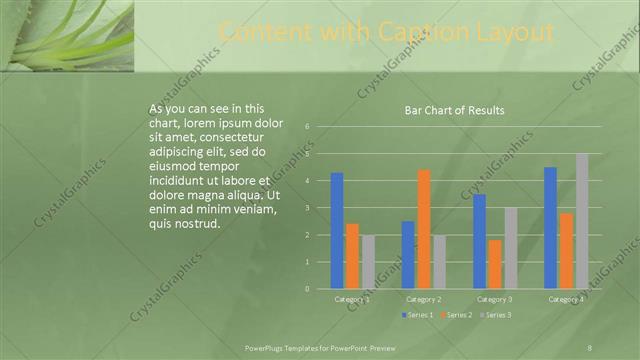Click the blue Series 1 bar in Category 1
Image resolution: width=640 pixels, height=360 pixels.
337,231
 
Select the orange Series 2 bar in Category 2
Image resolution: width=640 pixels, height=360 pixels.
423,229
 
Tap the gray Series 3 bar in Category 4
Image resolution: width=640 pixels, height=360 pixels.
581,221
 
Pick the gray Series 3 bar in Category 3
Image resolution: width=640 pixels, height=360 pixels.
510,248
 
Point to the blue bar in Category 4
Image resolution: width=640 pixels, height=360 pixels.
550,228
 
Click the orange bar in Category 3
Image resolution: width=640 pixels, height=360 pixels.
495,264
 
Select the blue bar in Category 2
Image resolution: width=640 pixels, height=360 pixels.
408,255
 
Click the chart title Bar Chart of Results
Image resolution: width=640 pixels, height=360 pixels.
454,110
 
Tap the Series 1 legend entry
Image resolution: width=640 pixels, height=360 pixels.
418,315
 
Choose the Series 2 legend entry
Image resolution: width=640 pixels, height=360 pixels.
455,315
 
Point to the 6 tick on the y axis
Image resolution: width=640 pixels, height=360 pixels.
308,127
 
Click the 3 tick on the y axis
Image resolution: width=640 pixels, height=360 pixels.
308,208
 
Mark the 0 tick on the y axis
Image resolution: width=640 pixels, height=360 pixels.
308,289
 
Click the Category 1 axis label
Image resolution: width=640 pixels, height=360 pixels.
352,299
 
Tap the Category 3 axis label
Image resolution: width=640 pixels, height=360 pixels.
495,299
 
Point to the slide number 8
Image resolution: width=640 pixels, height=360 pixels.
590,346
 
